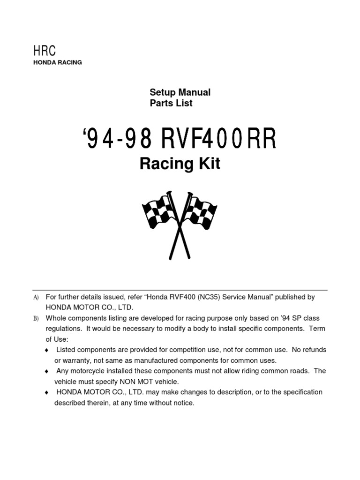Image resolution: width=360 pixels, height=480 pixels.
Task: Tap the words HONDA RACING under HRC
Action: pos(57,63)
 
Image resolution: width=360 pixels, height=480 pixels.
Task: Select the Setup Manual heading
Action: pos(180,92)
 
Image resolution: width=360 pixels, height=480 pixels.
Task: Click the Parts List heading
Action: pos(171,103)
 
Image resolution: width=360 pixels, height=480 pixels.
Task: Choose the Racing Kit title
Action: pos(180,164)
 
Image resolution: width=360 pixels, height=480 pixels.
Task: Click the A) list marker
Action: pos(36,298)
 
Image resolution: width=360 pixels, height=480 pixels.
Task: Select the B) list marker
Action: pos(36,318)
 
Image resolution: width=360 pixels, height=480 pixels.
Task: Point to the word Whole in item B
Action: pos(55,318)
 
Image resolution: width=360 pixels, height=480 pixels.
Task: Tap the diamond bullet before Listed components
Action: pos(46,351)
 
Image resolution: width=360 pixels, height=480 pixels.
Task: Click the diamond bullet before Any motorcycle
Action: pos(46,371)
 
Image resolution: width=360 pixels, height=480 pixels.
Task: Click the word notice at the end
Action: pos(184,403)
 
